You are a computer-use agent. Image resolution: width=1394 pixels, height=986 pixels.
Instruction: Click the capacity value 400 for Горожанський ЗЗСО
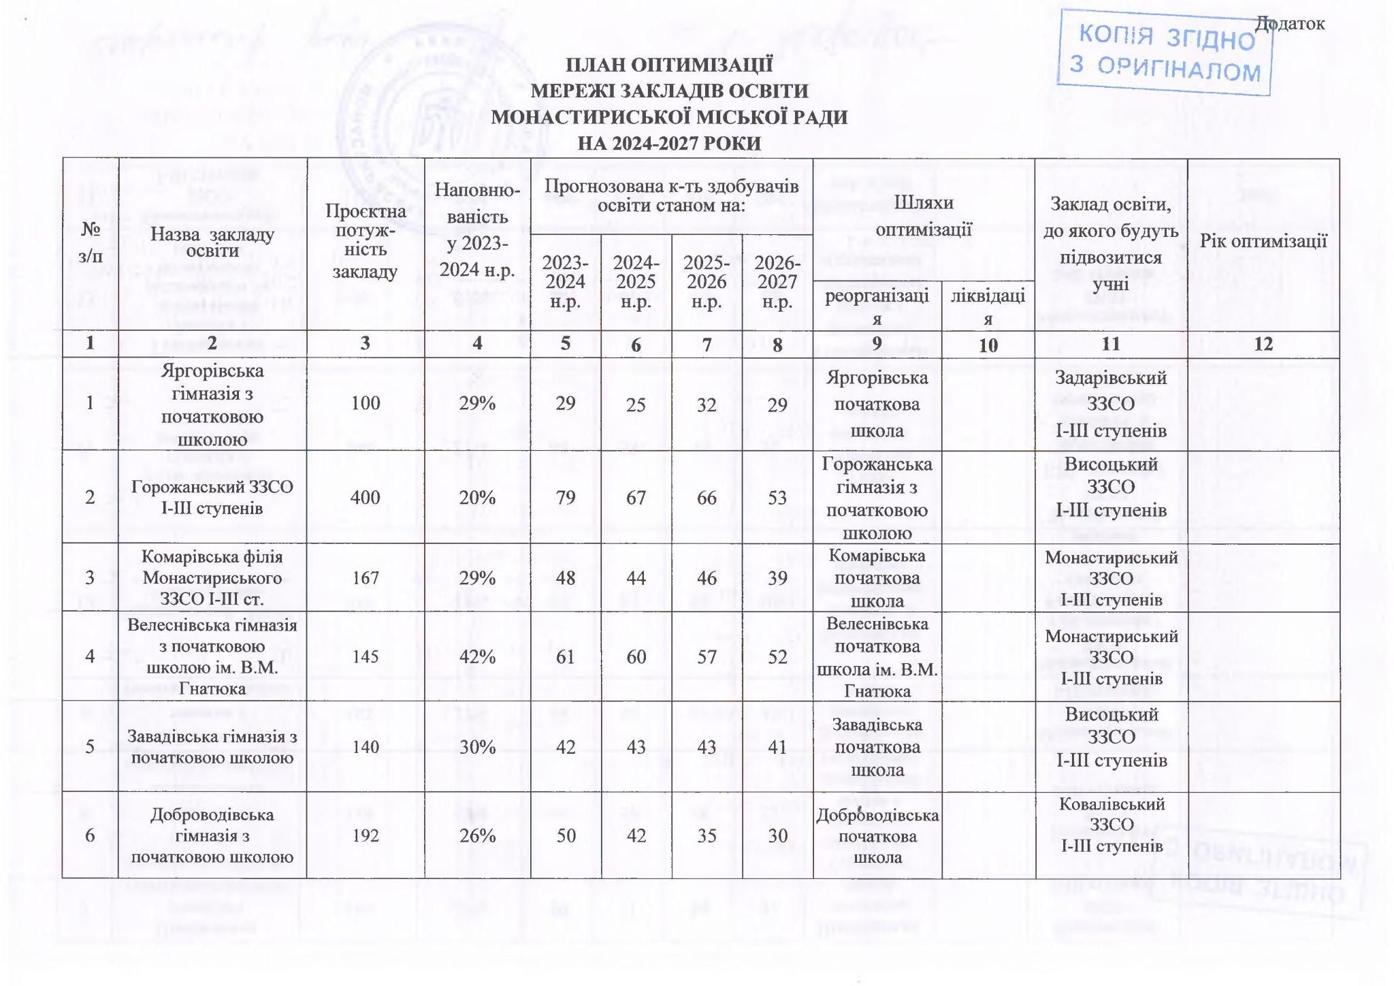366,497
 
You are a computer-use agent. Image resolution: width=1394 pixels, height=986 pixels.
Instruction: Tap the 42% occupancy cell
477,656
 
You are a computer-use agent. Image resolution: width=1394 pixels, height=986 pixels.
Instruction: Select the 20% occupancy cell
477,497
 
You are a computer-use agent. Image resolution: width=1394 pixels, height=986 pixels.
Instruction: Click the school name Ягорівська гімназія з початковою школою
212,404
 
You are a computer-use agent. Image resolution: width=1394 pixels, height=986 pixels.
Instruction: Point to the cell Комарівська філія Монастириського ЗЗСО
212,578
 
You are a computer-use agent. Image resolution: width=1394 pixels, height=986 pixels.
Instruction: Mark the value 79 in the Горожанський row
566,497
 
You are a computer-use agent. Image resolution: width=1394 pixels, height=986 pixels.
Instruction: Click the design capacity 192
366,835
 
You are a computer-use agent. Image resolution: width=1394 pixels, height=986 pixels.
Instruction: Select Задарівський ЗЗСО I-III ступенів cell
1111,404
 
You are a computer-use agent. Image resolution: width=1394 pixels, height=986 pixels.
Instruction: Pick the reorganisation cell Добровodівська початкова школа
877,836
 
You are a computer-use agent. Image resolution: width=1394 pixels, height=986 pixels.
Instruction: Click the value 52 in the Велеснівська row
777,656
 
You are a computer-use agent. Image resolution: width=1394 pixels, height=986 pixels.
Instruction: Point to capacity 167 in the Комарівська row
366,578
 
